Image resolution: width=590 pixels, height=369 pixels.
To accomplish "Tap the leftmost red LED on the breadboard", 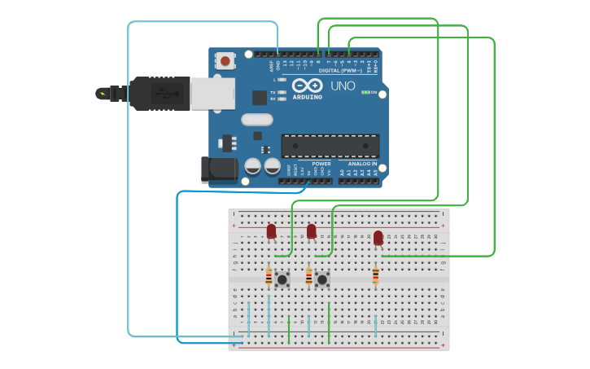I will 271,231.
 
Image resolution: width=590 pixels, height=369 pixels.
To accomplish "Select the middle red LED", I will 312,231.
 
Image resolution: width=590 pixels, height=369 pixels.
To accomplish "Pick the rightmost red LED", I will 378,238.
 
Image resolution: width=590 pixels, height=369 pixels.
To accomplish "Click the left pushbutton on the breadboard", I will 282,279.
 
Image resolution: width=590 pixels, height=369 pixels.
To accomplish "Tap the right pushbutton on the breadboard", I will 322,279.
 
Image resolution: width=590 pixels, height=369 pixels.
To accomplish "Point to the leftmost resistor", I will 269,278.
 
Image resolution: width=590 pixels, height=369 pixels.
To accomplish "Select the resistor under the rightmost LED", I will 375,276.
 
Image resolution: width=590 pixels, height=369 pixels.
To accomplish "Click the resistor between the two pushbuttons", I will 308,278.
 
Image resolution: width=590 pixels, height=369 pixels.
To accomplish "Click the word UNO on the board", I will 343,86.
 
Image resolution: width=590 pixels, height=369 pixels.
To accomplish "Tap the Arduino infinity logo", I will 307,85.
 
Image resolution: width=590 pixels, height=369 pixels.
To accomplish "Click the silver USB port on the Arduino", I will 212,93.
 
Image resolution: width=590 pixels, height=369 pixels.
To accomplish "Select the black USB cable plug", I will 159,93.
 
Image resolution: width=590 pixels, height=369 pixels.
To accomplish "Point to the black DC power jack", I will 219,169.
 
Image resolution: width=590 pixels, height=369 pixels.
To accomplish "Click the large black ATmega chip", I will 330,146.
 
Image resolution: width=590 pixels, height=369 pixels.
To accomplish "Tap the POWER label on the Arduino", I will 321,164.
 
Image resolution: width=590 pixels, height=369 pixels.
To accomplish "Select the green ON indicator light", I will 365,92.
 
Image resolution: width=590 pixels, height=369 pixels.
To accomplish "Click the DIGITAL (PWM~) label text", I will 339,70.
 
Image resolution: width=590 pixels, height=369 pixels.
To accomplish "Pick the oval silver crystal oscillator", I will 256,120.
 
